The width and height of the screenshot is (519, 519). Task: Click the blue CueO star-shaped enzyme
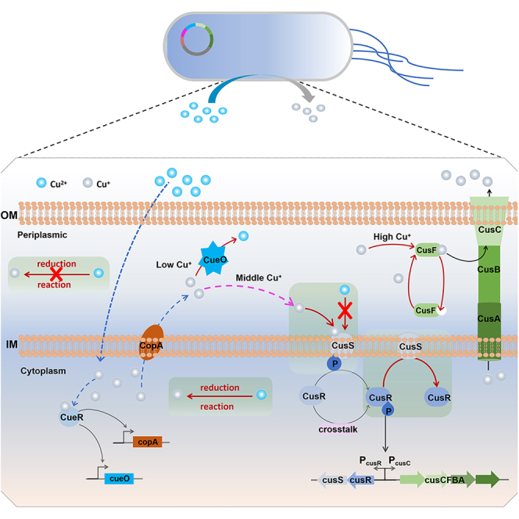point(213,259)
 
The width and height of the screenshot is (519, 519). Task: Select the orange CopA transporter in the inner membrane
point(152,342)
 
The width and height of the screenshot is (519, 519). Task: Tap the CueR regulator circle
point(70,417)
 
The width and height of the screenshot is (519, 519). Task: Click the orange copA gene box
point(147,442)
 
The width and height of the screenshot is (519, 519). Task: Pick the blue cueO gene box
point(119,478)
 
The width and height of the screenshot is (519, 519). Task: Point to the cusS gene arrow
point(332,480)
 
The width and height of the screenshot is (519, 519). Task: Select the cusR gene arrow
point(361,480)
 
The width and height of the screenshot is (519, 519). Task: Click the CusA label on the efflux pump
point(489,319)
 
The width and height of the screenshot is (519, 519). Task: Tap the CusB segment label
point(489,270)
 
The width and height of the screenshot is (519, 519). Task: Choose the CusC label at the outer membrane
point(489,229)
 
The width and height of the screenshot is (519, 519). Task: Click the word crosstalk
point(338,429)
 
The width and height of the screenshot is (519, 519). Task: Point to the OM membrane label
point(9,215)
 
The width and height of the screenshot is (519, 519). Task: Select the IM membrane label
point(12,344)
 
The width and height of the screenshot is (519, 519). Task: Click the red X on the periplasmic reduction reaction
point(56,274)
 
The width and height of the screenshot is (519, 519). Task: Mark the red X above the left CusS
point(345,310)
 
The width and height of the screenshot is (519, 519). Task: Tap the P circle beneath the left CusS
point(335,363)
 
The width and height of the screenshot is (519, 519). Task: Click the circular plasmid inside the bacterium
point(197,39)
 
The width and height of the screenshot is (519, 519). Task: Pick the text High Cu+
point(392,237)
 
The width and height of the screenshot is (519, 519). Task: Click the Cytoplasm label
point(43,371)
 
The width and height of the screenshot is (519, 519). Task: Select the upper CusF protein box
point(428,250)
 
